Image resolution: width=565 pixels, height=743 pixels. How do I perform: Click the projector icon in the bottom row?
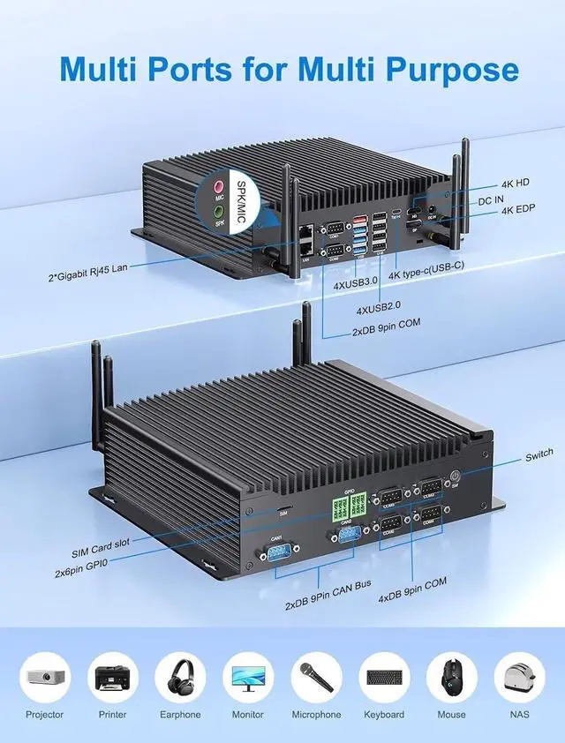(45, 677)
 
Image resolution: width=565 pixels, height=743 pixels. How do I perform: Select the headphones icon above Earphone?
(180, 677)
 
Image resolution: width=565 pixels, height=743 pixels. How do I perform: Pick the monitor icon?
(248, 677)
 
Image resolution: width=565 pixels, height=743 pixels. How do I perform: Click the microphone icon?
(316, 677)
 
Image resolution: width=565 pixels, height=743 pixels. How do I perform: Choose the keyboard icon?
(384, 677)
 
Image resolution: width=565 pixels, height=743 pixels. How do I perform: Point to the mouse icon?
(452, 677)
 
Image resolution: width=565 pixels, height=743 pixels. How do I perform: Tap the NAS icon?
(519, 677)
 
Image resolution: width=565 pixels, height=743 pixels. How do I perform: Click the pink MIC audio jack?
(220, 187)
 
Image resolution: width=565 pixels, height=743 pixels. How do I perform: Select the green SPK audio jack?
(220, 212)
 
